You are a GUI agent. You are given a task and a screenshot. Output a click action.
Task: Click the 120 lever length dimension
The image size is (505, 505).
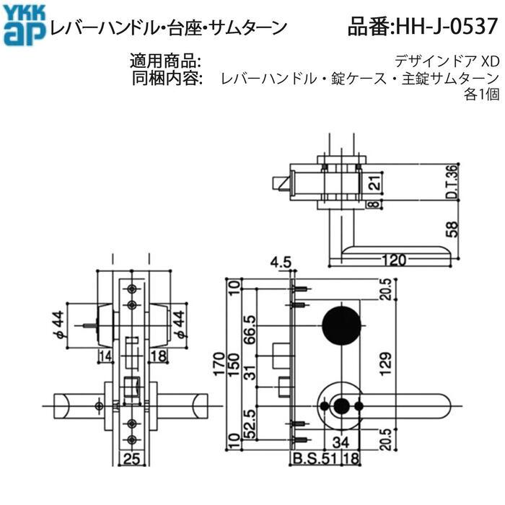point(395,258)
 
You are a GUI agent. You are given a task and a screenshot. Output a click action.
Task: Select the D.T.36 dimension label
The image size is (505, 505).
point(452,182)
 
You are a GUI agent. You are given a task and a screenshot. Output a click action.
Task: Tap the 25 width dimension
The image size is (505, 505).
point(131,457)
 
